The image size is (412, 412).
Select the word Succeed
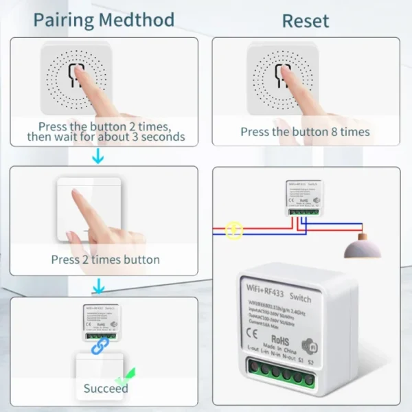point(106,389)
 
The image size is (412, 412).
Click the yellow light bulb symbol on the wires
point(234,231)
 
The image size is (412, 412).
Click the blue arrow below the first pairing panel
point(98,158)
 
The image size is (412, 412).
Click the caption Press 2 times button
point(105,260)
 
